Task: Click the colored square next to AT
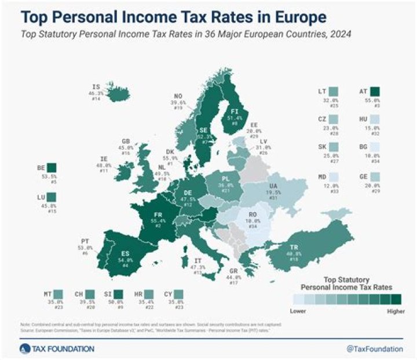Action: pos(375,92)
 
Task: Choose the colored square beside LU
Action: pos(52,198)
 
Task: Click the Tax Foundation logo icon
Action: pos(24,348)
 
